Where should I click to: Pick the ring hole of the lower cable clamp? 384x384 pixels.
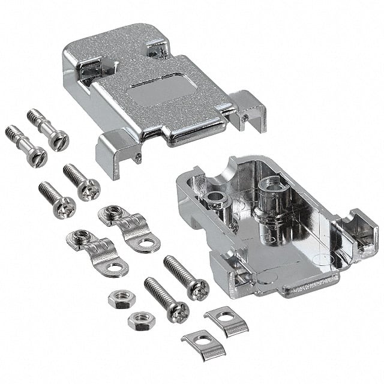click(115, 268)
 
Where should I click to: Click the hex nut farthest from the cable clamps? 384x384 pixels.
click(142, 320)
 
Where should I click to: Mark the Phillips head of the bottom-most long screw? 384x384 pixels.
click(178, 312)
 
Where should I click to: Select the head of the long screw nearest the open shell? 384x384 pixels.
click(197, 290)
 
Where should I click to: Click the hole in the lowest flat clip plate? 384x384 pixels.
click(202, 343)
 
